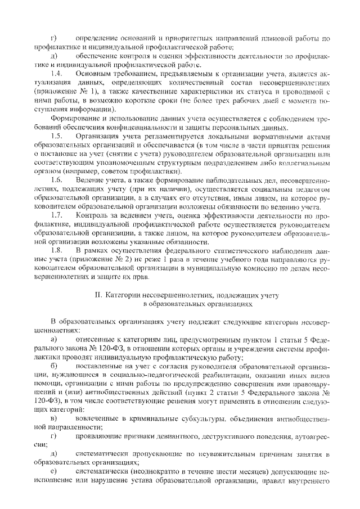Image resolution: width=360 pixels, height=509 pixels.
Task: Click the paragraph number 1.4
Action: click(x=55, y=73)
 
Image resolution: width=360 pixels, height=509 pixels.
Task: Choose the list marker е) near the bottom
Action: click(x=54, y=470)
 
